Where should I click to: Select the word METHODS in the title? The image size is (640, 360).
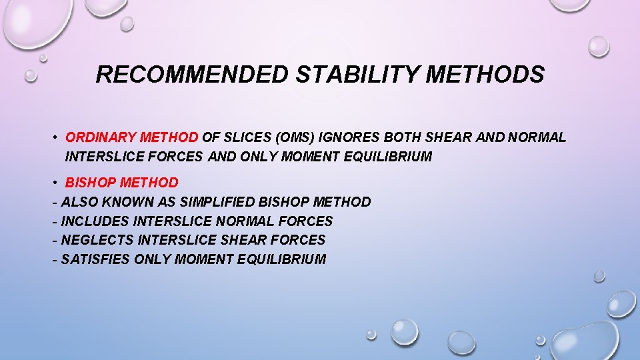[x=485, y=75]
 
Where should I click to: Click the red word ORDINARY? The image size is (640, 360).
[x=99, y=138]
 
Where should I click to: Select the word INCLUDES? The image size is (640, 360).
[x=93, y=221]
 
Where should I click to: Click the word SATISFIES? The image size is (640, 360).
[x=95, y=259]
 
